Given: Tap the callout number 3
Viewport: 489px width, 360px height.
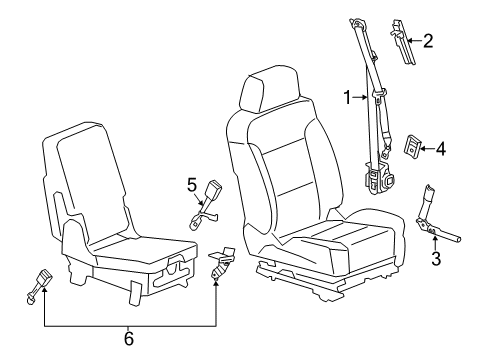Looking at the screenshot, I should (435, 261).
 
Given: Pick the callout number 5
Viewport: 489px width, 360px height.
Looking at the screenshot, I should (192, 184).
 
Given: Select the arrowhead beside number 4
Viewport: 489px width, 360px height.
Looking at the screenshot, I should (427, 150).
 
